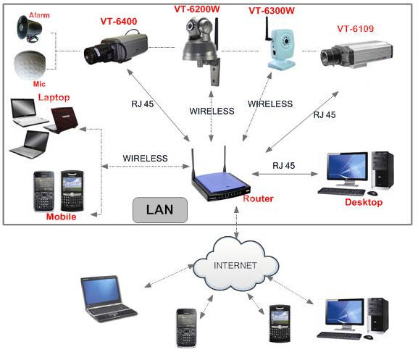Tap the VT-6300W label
(x=272, y=12)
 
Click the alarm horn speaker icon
(x=31, y=27)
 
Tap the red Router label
(x=257, y=198)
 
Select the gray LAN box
(x=159, y=210)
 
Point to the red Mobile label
(x=61, y=217)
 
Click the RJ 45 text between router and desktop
(x=284, y=166)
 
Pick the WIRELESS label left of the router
(x=145, y=158)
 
